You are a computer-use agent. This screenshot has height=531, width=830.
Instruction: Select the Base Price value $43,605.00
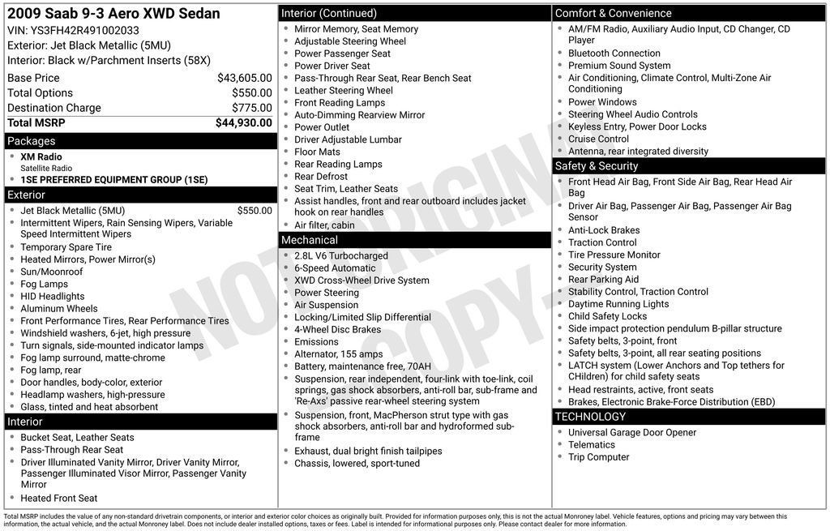[x=244, y=78]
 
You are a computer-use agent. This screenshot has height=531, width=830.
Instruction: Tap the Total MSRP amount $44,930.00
[x=243, y=122]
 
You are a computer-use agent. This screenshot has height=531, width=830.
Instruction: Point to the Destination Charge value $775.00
[x=251, y=108]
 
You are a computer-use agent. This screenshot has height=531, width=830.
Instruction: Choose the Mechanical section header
[x=309, y=240]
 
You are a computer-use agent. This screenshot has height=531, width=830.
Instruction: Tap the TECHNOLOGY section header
[x=590, y=417]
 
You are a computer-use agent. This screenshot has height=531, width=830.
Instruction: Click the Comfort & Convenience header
[x=613, y=13]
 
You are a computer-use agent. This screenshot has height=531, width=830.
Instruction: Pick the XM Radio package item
[x=41, y=156]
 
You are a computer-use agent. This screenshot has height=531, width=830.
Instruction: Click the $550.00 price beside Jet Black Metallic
[x=255, y=211]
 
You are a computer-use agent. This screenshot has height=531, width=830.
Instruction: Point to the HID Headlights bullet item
[x=53, y=297]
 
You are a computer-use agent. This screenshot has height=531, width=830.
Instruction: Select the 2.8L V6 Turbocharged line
[x=341, y=255]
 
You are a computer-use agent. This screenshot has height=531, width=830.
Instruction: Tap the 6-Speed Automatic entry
[x=335, y=268]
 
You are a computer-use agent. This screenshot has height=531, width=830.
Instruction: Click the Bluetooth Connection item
[x=614, y=54]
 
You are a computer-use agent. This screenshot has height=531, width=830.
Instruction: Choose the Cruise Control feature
[x=598, y=139]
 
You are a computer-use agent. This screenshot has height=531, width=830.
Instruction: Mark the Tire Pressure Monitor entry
[x=614, y=255]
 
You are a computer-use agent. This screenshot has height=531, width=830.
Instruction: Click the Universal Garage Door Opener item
[x=632, y=432]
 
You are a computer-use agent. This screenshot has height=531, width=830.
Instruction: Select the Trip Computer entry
[x=598, y=457]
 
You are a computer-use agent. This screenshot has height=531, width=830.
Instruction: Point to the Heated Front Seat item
[x=58, y=499]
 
